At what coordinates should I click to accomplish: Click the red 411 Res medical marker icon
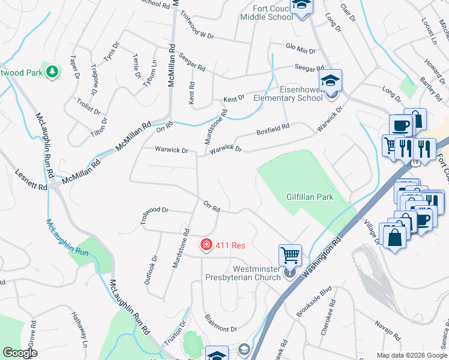[205, 245]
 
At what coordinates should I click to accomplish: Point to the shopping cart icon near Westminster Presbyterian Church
[290, 255]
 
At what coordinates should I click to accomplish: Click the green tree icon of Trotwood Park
[53, 72]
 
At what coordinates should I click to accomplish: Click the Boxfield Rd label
[273, 128]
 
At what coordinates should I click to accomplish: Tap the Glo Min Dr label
[300, 50]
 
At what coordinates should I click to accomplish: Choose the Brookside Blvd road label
[314, 309]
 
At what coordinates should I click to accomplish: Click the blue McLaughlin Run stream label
[67, 238]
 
